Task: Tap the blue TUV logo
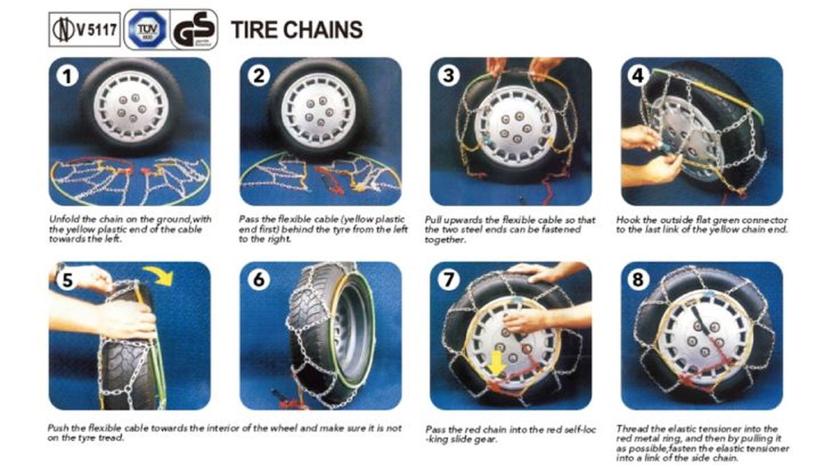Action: click(146, 30)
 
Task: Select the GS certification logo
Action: click(193, 31)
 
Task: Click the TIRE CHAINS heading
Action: click(296, 30)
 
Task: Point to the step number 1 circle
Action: click(67, 76)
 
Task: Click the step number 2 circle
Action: click(258, 76)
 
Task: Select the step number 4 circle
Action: click(639, 76)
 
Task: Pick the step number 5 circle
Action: click(67, 280)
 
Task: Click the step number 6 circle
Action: click(258, 280)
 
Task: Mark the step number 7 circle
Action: click(449, 280)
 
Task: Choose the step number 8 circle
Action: click(639, 280)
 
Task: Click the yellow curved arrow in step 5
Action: click(160, 277)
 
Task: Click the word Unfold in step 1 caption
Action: click(62, 220)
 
